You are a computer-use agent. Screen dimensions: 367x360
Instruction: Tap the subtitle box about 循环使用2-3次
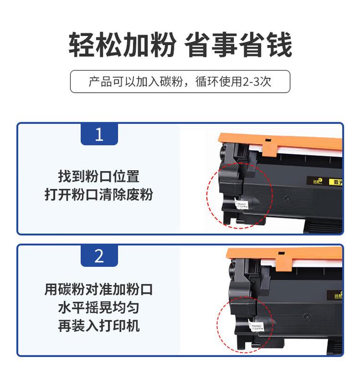point(180,82)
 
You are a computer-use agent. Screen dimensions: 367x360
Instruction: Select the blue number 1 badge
point(99,134)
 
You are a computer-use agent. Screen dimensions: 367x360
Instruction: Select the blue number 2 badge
point(99,256)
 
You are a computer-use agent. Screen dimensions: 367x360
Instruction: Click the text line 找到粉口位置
point(99,176)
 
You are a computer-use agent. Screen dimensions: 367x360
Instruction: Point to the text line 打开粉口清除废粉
point(99,195)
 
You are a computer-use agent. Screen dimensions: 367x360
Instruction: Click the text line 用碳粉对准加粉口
point(99,289)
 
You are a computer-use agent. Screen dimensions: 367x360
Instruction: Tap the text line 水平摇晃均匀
point(99,308)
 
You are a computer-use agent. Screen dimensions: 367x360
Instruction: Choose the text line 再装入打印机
point(99,326)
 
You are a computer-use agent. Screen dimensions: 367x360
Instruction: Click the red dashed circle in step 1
point(239,195)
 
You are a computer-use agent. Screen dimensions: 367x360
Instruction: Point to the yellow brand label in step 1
point(324,182)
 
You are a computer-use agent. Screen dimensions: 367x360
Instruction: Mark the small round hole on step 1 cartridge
point(287,197)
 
